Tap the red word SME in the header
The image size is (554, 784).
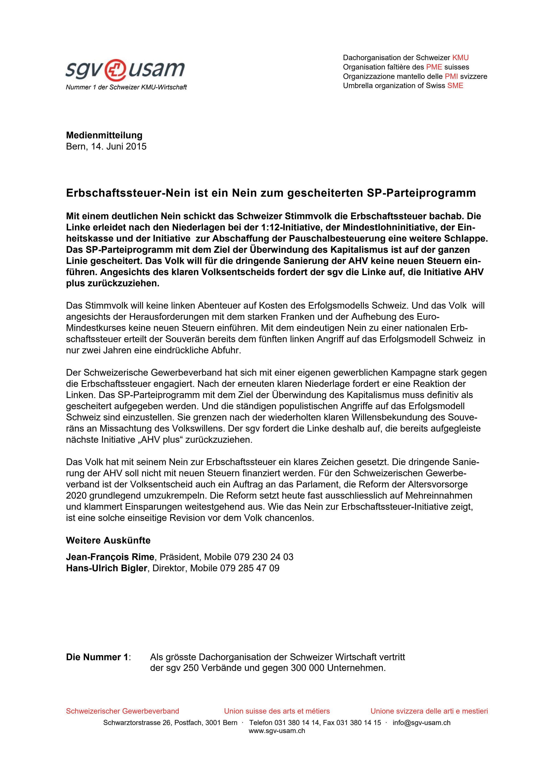[455, 86]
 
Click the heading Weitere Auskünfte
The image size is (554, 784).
[108, 541]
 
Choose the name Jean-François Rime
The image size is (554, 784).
[110, 557]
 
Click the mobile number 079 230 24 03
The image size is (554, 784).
[263, 557]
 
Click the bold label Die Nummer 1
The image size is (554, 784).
[97, 657]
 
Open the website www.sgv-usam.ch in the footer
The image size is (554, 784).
[277, 731]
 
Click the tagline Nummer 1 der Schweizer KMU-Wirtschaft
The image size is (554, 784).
[126, 87]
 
